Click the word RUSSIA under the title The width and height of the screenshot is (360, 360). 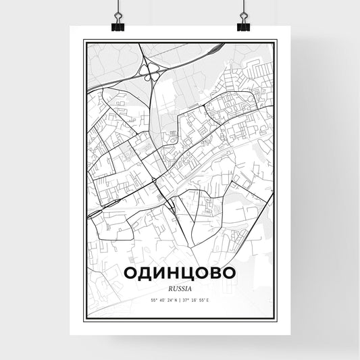tap(180, 288)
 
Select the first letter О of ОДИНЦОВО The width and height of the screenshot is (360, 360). tap(132, 273)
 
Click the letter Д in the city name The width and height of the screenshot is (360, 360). tap(147, 273)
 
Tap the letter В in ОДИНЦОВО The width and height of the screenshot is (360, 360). tap(215, 273)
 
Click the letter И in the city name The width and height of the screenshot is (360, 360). tap(160, 273)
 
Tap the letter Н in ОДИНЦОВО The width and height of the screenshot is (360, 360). tap(174, 273)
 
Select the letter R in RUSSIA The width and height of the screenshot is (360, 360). tap(170, 288)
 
